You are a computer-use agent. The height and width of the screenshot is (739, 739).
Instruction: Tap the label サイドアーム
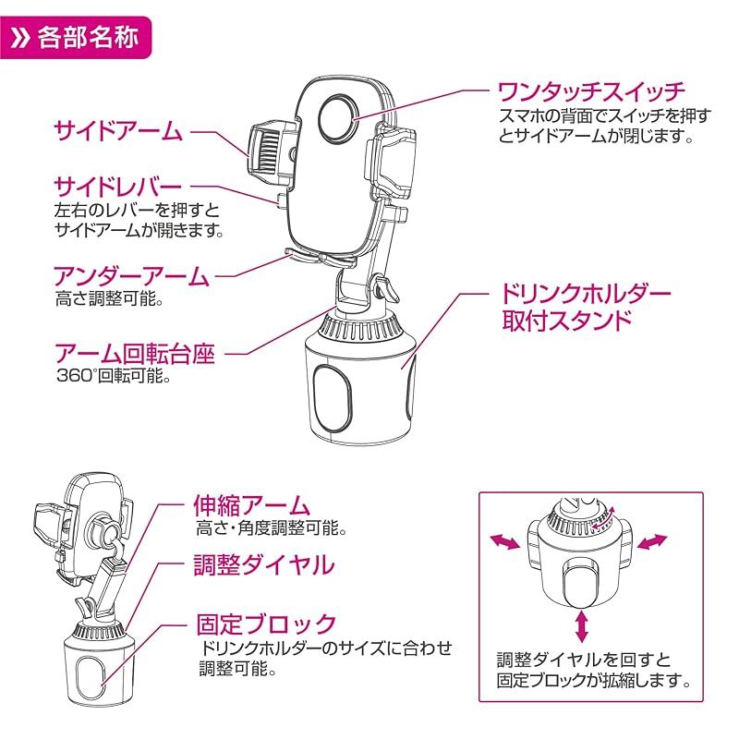click(x=117, y=130)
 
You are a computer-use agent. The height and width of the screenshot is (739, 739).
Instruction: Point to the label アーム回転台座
click(x=135, y=352)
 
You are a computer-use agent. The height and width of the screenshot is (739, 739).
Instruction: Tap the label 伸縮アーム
click(x=251, y=507)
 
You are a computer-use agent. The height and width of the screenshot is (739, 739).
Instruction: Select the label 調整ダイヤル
click(x=263, y=564)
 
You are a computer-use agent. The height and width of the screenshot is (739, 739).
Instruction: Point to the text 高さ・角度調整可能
click(x=271, y=530)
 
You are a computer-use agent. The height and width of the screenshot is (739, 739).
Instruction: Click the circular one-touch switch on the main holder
click(x=336, y=116)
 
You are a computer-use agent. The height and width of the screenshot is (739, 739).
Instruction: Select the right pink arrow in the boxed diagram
click(x=651, y=541)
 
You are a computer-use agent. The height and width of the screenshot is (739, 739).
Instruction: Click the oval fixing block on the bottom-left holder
click(x=91, y=679)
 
